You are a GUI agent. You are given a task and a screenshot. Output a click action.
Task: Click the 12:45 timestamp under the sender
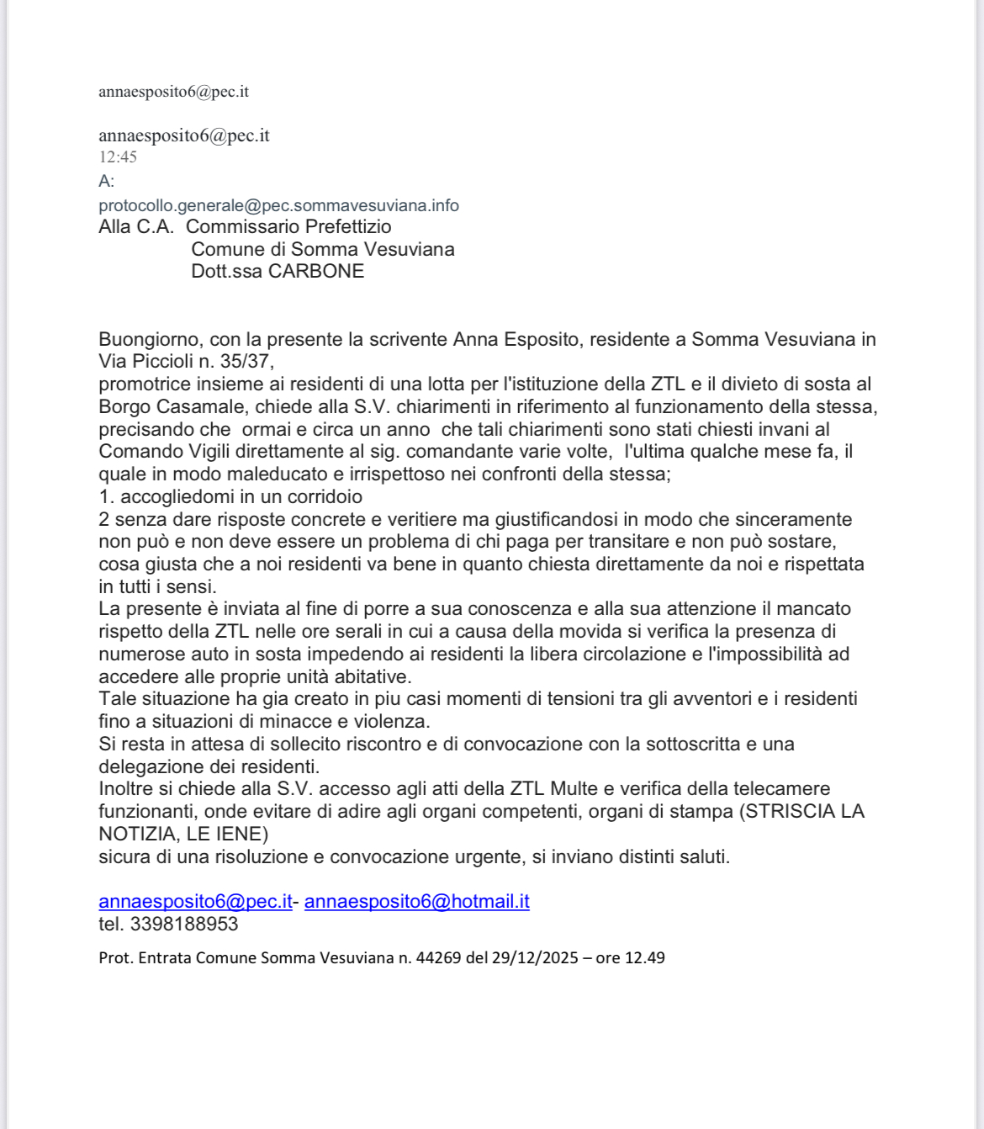click(x=118, y=157)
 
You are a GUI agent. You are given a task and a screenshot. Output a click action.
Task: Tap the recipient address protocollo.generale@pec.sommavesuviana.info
click(x=278, y=206)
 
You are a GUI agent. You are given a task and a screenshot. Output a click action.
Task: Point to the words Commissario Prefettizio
click(x=288, y=227)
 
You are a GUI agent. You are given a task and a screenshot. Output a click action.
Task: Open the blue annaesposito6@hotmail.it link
click(x=416, y=902)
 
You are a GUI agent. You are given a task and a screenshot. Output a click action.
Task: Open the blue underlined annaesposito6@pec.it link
click(x=195, y=902)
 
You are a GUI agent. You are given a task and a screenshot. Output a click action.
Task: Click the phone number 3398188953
click(x=184, y=925)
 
